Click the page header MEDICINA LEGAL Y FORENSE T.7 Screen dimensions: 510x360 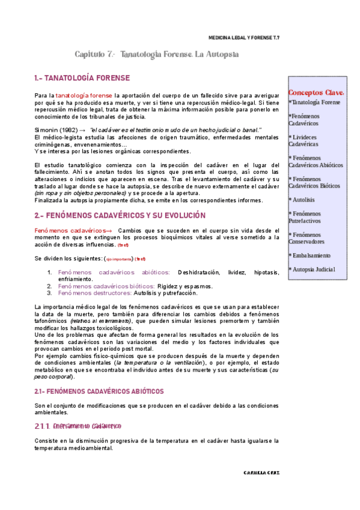[x=243, y=37]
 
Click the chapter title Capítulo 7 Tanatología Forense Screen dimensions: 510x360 [x=157, y=54]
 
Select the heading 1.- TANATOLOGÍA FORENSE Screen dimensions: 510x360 [x=82, y=79]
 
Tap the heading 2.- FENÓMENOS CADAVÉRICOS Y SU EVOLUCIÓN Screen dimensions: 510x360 [x=120, y=215]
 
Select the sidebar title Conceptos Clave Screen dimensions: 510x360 [x=316, y=93]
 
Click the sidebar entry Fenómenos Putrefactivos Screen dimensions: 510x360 [x=305, y=217]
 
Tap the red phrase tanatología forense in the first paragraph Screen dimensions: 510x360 [x=84, y=96]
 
